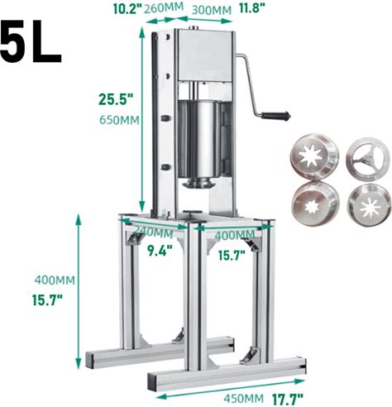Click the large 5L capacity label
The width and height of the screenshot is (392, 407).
pos(31,41)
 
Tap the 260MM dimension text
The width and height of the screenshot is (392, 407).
pos(164,7)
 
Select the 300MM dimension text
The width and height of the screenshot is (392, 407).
pos(212,10)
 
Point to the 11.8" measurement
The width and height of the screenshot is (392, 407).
pos(252,8)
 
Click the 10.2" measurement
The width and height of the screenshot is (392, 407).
pos(127,8)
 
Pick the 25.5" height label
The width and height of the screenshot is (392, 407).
pos(116,99)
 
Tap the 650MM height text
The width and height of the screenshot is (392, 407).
pos(119,120)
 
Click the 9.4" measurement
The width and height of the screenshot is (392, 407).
pos(160,251)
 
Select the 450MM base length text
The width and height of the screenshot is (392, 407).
pos(243,399)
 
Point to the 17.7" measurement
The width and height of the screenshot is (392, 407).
pos(288,400)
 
